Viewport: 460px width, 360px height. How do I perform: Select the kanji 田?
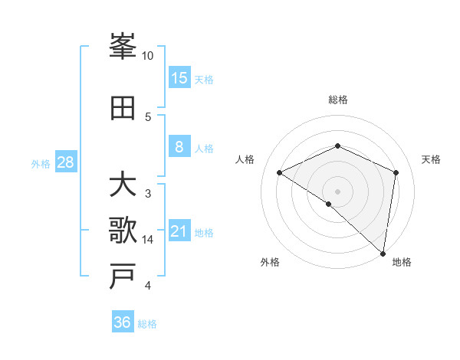click(123, 108)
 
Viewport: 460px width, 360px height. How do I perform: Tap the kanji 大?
click(123, 185)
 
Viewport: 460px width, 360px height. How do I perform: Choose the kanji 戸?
click(123, 277)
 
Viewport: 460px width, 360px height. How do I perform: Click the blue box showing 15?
click(179, 78)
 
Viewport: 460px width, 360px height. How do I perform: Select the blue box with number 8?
click(179, 147)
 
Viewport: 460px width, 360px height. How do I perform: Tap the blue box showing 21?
click(179, 231)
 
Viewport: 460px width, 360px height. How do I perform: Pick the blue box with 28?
click(65, 162)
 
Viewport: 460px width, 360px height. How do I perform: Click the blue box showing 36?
click(123, 322)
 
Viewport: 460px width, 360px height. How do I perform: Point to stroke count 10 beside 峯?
click(148, 56)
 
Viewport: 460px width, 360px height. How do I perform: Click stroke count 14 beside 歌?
click(148, 240)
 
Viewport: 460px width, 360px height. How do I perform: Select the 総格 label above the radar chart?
click(337, 100)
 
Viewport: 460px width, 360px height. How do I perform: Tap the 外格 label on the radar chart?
click(270, 262)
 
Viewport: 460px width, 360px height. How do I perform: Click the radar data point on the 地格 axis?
click(383, 252)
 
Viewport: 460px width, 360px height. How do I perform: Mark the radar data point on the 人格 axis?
click(280, 172)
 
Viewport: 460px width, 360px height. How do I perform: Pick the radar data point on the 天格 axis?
click(396, 172)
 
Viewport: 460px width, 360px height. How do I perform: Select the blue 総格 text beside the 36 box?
click(147, 324)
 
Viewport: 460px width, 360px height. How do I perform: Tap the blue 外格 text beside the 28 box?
click(40, 164)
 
